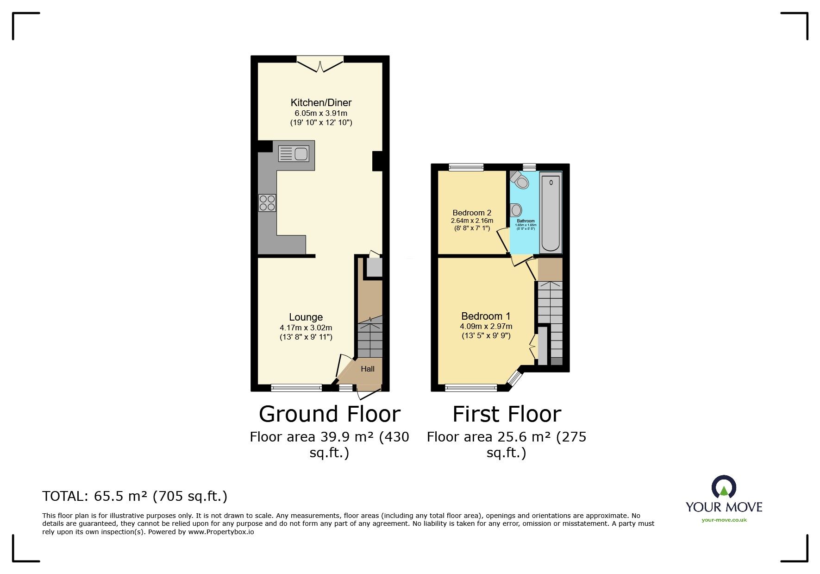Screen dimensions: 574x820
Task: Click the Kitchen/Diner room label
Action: point(321,102)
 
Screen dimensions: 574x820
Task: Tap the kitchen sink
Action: point(294,153)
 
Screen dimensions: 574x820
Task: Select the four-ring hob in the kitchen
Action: point(267,203)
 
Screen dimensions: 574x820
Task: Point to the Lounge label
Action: point(306,317)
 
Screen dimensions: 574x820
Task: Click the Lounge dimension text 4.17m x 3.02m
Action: point(306,328)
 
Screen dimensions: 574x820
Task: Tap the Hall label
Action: point(368,369)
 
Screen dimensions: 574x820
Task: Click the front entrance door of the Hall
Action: point(369,393)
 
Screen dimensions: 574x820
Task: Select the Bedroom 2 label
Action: point(472,213)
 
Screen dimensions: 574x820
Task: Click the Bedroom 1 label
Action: point(486,316)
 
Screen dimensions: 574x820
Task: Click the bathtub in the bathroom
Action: point(551,212)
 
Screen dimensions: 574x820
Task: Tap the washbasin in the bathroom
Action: point(515,210)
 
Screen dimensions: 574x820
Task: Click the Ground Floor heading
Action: point(329,414)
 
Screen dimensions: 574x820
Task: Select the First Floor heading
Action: point(507,414)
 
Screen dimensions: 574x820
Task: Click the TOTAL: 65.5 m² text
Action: point(135,497)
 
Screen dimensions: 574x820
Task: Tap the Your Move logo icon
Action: point(724,487)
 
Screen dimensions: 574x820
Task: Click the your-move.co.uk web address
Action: point(724,520)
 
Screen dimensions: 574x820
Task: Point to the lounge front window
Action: point(296,388)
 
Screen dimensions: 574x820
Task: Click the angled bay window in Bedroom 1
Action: point(514,378)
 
